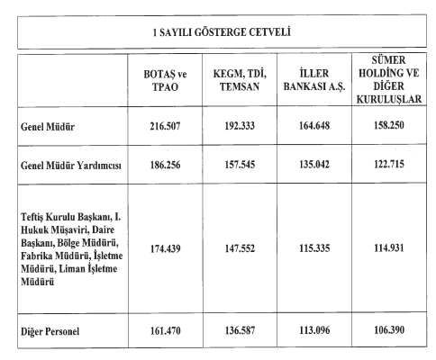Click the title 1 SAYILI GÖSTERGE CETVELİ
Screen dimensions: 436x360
tap(218, 32)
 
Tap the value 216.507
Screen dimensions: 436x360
tap(167, 127)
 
